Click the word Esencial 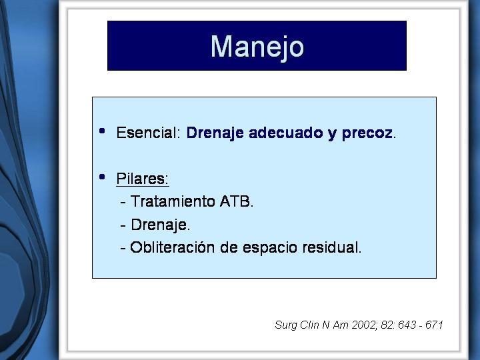147,133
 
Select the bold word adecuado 285,133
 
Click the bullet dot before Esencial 102,131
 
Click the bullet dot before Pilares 102,177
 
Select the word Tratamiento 173,201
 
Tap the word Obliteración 173,247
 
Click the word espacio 270,248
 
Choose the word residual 330,247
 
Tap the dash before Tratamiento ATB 123,203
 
